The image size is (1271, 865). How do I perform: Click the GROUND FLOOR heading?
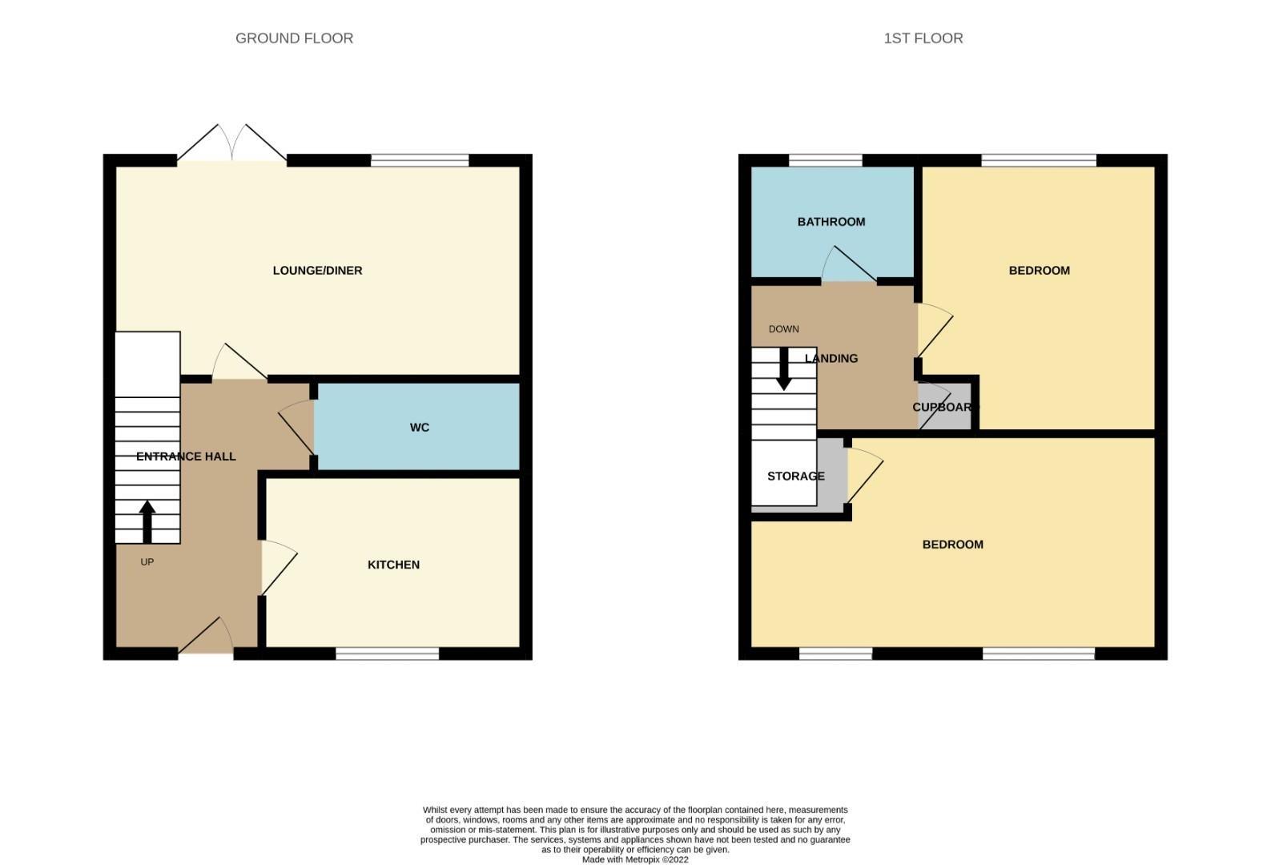(294, 38)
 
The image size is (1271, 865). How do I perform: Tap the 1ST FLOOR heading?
(923, 38)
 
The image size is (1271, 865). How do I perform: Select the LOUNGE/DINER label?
(317, 271)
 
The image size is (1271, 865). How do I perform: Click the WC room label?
(419, 428)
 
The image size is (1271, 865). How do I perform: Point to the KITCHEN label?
(393, 565)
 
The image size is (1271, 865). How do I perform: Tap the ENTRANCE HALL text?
(186, 457)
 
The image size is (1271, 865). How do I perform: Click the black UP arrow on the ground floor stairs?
(147, 521)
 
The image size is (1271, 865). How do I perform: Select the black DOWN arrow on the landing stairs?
(784, 369)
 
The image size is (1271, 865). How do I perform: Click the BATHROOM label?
(831, 222)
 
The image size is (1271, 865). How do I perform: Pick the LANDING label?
(831, 359)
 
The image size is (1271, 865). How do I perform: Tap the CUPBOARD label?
(945, 408)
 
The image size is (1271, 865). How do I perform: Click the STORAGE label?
(795, 477)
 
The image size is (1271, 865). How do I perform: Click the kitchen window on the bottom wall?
(387, 654)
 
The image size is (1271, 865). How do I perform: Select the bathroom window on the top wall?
(825, 160)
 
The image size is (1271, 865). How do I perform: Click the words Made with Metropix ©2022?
(634, 859)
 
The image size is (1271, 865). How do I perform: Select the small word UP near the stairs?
(147, 562)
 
